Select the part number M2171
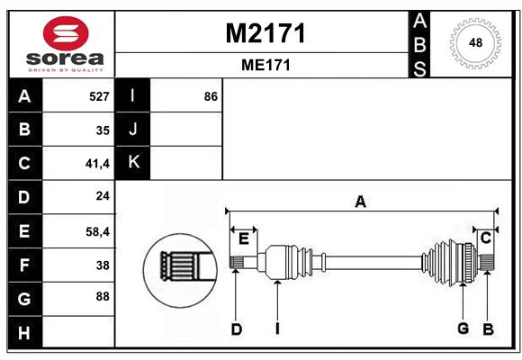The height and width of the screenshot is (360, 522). click(265, 34)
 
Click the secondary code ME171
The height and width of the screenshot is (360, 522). click(265, 66)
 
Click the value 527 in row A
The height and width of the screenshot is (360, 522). click(99, 96)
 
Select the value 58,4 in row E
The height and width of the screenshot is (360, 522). click(97, 231)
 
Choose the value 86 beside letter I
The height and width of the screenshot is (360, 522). click(211, 96)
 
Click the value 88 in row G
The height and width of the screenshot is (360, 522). click(102, 296)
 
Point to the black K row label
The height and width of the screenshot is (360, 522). click(133, 163)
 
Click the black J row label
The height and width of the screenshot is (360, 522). click(133, 130)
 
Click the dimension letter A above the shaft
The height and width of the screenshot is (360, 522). click(360, 202)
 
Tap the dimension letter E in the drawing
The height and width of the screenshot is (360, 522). click(243, 238)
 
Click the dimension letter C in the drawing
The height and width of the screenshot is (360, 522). click(485, 238)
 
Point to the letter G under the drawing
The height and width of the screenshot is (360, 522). click(463, 328)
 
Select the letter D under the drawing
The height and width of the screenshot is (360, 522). click(236, 329)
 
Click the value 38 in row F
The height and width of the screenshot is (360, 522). click(102, 265)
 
